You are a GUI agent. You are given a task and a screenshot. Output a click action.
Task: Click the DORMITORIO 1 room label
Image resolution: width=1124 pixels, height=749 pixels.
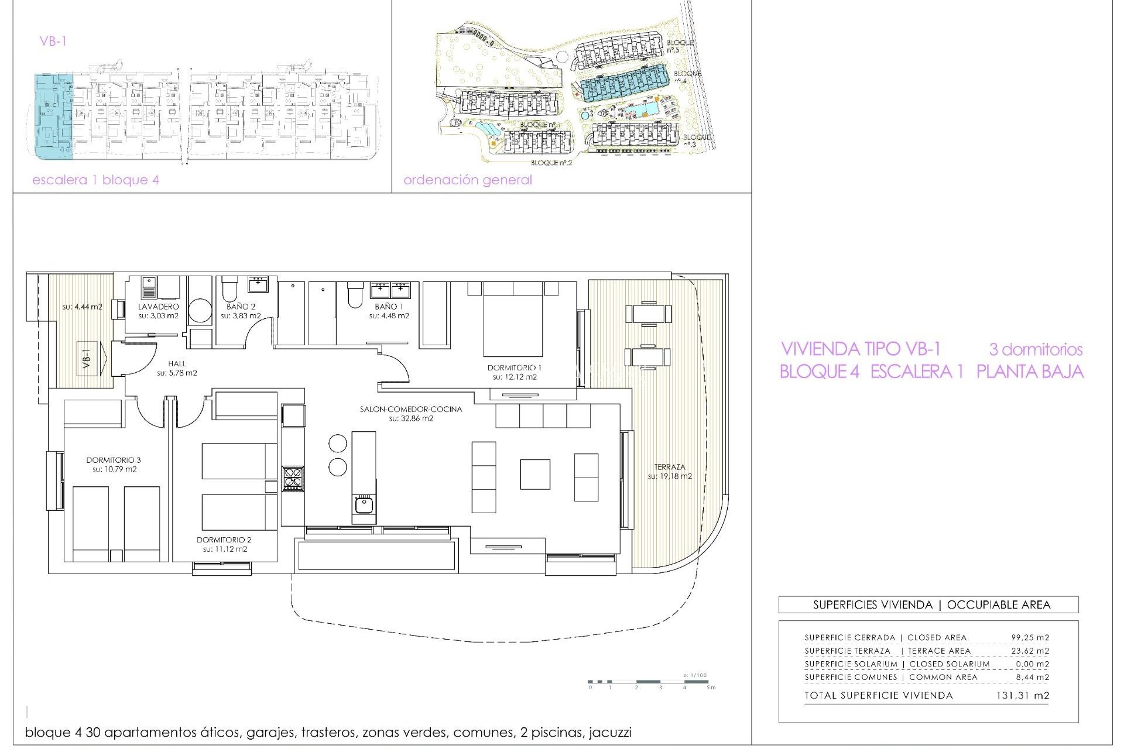(x=514, y=367)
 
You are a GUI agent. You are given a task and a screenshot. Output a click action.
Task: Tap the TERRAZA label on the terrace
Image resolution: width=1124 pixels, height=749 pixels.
(x=669, y=467)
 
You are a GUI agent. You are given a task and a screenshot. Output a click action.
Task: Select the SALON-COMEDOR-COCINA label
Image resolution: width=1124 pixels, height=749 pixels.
(x=410, y=409)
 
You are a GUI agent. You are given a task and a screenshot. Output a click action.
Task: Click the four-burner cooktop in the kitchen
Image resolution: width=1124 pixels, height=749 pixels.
(x=293, y=478)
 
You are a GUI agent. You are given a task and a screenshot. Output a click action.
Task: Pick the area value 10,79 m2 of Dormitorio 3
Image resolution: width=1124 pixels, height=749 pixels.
(x=114, y=469)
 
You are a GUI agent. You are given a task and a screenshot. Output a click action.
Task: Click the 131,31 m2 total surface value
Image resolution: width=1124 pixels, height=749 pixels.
(x=1022, y=696)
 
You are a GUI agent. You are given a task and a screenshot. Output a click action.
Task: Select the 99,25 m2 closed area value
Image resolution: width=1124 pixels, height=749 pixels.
(x=1030, y=638)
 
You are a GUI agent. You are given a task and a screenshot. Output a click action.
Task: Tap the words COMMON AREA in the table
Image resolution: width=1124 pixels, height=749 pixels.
(x=943, y=677)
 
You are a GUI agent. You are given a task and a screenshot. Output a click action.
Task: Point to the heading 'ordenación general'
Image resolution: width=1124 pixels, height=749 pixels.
(x=467, y=180)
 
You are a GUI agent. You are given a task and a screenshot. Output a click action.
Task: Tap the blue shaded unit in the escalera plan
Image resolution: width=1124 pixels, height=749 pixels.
(x=53, y=117)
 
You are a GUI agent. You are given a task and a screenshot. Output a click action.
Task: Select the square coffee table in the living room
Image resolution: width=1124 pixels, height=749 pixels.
(x=534, y=474)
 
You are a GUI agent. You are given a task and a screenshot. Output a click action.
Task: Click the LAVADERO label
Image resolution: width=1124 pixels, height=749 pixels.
(x=158, y=307)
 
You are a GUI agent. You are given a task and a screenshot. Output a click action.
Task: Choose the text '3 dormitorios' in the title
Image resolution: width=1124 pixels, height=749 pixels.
(x=1035, y=349)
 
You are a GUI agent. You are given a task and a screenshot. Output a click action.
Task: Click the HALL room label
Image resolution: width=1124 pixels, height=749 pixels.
(x=176, y=363)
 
